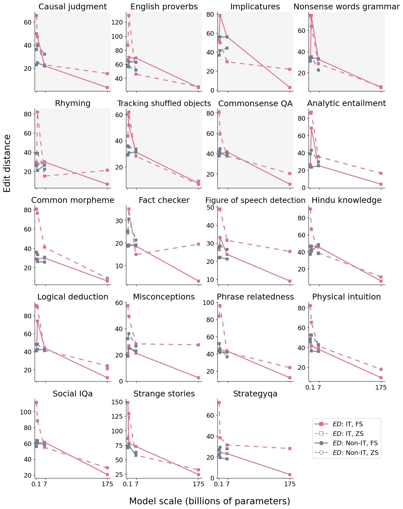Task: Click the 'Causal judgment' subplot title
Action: pos(73,7)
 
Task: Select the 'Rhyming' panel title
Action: pos(73,103)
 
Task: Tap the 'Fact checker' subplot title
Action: pos(164,200)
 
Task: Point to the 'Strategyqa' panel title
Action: pos(255,394)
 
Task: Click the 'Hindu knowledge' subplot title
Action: pos(347,200)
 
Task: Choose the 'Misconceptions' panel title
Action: pos(164,297)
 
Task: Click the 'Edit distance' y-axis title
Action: pos(7,163)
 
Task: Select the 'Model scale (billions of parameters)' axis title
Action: pos(210,501)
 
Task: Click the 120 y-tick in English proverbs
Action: pos(117,22)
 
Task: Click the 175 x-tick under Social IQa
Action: pos(107,484)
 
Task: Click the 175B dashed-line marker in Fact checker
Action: pos(198,244)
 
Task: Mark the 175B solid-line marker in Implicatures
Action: pos(290,88)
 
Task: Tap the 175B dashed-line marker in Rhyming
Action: pos(107,170)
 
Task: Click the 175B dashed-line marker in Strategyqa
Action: pos(290,449)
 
